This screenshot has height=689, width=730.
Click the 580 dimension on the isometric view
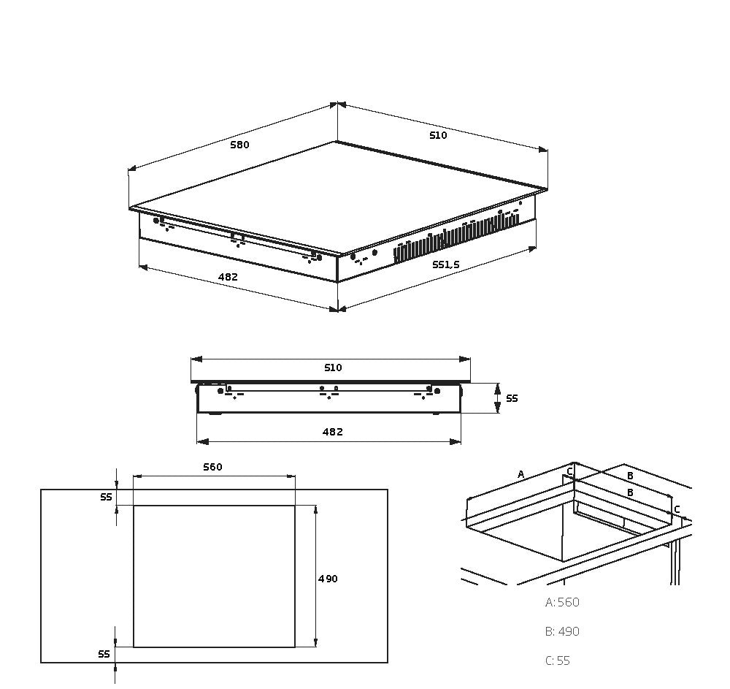pyautogui.click(x=239, y=145)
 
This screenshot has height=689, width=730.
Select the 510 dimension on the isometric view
pyautogui.click(x=438, y=135)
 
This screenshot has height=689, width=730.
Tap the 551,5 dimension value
pyautogui.click(x=445, y=264)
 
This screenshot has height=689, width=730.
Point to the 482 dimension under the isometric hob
pyautogui.click(x=228, y=277)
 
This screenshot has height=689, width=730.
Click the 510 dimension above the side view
pyautogui.click(x=332, y=368)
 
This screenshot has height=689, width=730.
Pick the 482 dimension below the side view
pyautogui.click(x=332, y=432)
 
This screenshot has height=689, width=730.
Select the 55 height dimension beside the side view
pyautogui.click(x=512, y=398)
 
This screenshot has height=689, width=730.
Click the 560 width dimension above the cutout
pyautogui.click(x=212, y=467)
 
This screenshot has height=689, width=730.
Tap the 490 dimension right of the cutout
pyautogui.click(x=328, y=579)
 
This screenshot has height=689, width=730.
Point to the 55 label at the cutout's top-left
pyautogui.click(x=106, y=498)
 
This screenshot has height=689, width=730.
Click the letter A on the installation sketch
pyautogui.click(x=520, y=475)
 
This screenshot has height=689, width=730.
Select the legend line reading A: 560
pyautogui.click(x=562, y=603)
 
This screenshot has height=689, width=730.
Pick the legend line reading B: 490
pyautogui.click(x=562, y=632)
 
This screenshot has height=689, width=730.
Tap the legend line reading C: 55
pyautogui.click(x=558, y=661)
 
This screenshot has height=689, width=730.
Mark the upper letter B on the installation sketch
pyautogui.click(x=630, y=476)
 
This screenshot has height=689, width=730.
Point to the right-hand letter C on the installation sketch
pyautogui.click(x=677, y=509)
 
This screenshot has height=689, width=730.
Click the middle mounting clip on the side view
pyautogui.click(x=329, y=392)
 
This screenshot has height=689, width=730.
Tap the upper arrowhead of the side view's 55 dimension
pyautogui.click(x=497, y=387)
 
